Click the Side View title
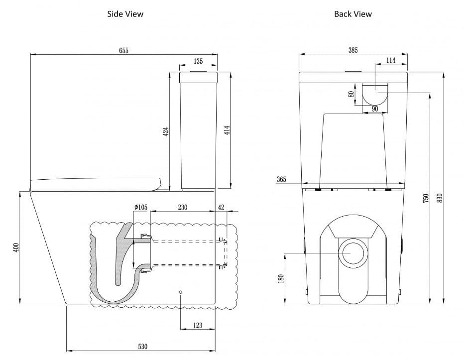tap(125, 14)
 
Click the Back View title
tap(353, 14)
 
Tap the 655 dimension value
tap(123, 50)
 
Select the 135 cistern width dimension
tap(198, 61)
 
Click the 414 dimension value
tap(227, 131)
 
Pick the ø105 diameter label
tap(140, 208)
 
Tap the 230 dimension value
tap(182, 208)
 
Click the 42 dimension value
tap(221, 208)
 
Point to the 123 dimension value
tap(197, 326)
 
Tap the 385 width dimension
tap(353, 50)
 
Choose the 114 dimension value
tap(391, 60)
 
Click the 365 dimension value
tap(281, 179)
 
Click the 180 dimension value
tap(281, 278)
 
